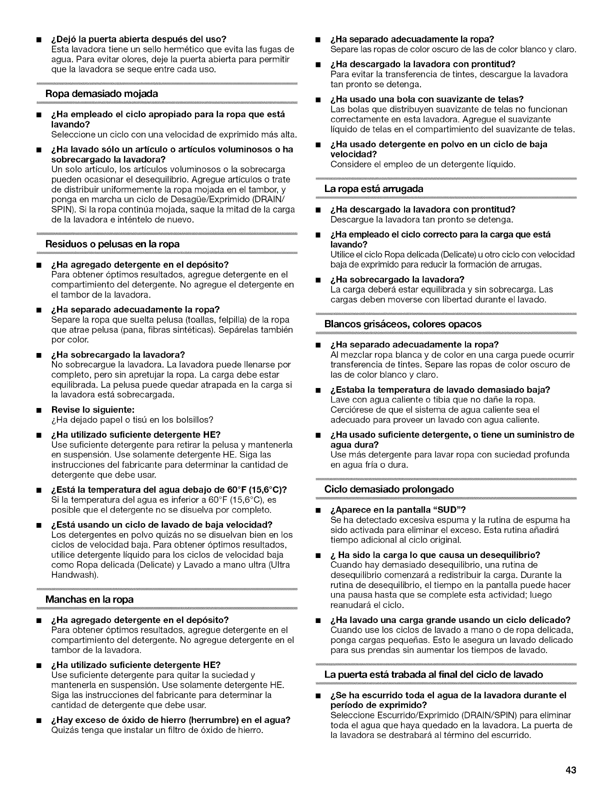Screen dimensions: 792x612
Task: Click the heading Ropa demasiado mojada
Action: [x=101, y=94]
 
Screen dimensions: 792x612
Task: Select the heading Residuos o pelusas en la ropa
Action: [x=112, y=244]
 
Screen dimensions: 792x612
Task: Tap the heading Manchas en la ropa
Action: [x=89, y=599]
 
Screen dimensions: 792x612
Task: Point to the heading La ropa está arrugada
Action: [x=373, y=189]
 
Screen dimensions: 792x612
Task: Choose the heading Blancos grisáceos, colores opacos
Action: [x=402, y=324]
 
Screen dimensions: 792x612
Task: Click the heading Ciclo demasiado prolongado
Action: [x=389, y=489]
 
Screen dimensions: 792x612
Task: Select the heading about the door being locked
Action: [x=433, y=675]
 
